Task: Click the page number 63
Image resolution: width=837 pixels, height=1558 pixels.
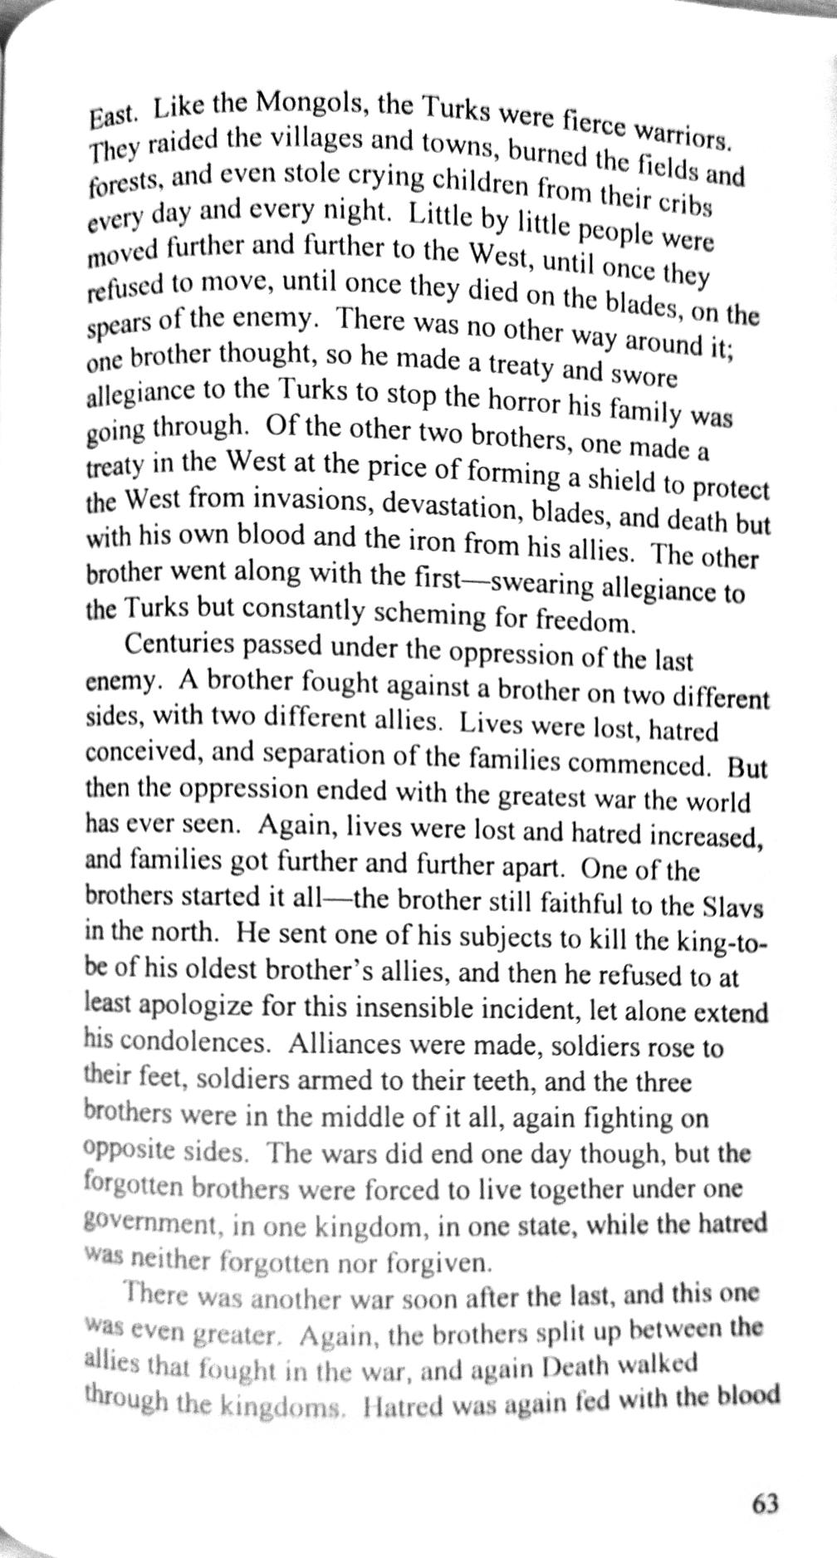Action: click(765, 1503)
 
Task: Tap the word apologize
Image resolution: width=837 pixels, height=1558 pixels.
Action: click(200, 1006)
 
